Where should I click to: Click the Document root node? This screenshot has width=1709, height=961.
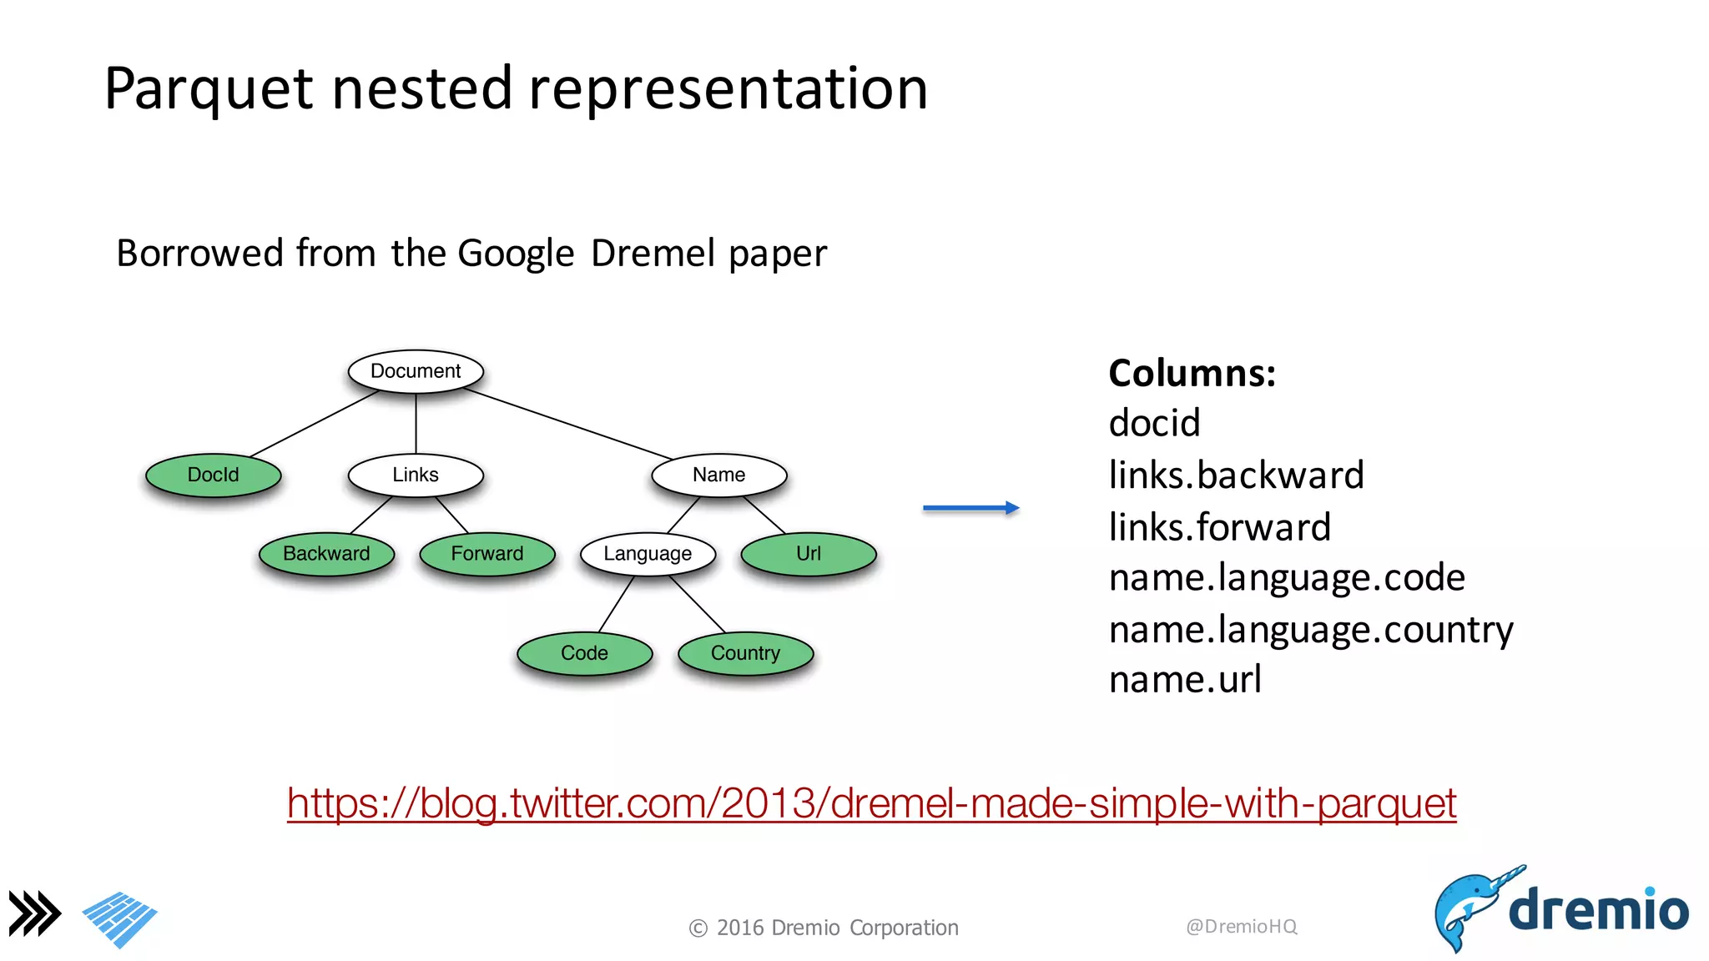tap(416, 371)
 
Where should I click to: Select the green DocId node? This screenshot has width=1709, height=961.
tap(214, 475)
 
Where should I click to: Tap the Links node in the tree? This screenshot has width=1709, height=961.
tap(416, 475)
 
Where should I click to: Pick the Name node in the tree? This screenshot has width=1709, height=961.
tap(718, 475)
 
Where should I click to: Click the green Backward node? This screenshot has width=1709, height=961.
tap(326, 554)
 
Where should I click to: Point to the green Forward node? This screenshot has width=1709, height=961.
tap(487, 554)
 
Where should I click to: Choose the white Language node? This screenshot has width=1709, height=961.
tap(648, 554)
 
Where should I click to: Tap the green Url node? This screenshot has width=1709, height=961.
tap(809, 554)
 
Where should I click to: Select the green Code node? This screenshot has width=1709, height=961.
tap(584, 653)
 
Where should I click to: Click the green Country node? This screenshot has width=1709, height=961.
tap(745, 653)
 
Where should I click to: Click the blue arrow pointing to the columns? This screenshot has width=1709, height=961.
tap(970, 508)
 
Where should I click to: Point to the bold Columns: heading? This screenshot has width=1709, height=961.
tap(1192, 373)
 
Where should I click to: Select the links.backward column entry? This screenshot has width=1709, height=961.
tap(1236, 475)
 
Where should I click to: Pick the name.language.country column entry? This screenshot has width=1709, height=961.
tap(1310, 630)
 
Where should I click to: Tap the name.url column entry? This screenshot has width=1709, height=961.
tap(1184, 680)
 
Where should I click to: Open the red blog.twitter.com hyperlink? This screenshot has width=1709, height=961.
tap(871, 803)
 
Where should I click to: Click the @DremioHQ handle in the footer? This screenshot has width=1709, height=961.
tap(1241, 926)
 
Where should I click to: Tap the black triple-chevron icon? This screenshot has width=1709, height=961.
tap(35, 913)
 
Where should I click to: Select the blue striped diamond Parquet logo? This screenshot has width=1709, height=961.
tap(119, 919)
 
